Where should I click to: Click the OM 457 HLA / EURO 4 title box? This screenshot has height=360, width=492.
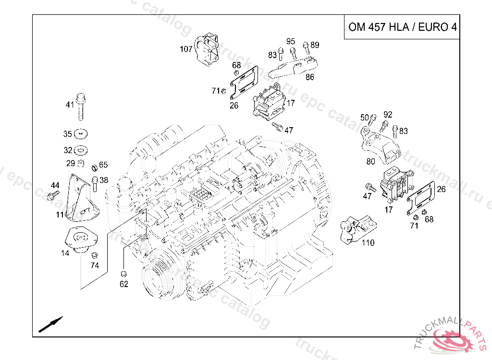402,27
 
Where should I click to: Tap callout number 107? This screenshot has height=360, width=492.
186,49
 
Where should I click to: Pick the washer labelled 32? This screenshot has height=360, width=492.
83,150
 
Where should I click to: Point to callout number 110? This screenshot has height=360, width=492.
368,243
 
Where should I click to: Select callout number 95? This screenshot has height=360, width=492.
291,41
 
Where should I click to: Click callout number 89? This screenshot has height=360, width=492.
315,45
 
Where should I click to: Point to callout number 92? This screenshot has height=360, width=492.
388,114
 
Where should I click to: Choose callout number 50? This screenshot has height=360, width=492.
365,118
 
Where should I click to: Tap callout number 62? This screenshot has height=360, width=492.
124,284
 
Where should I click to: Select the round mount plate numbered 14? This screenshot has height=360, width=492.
79,238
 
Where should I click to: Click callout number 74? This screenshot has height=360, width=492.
95,265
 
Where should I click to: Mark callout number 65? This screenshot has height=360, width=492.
104,165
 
